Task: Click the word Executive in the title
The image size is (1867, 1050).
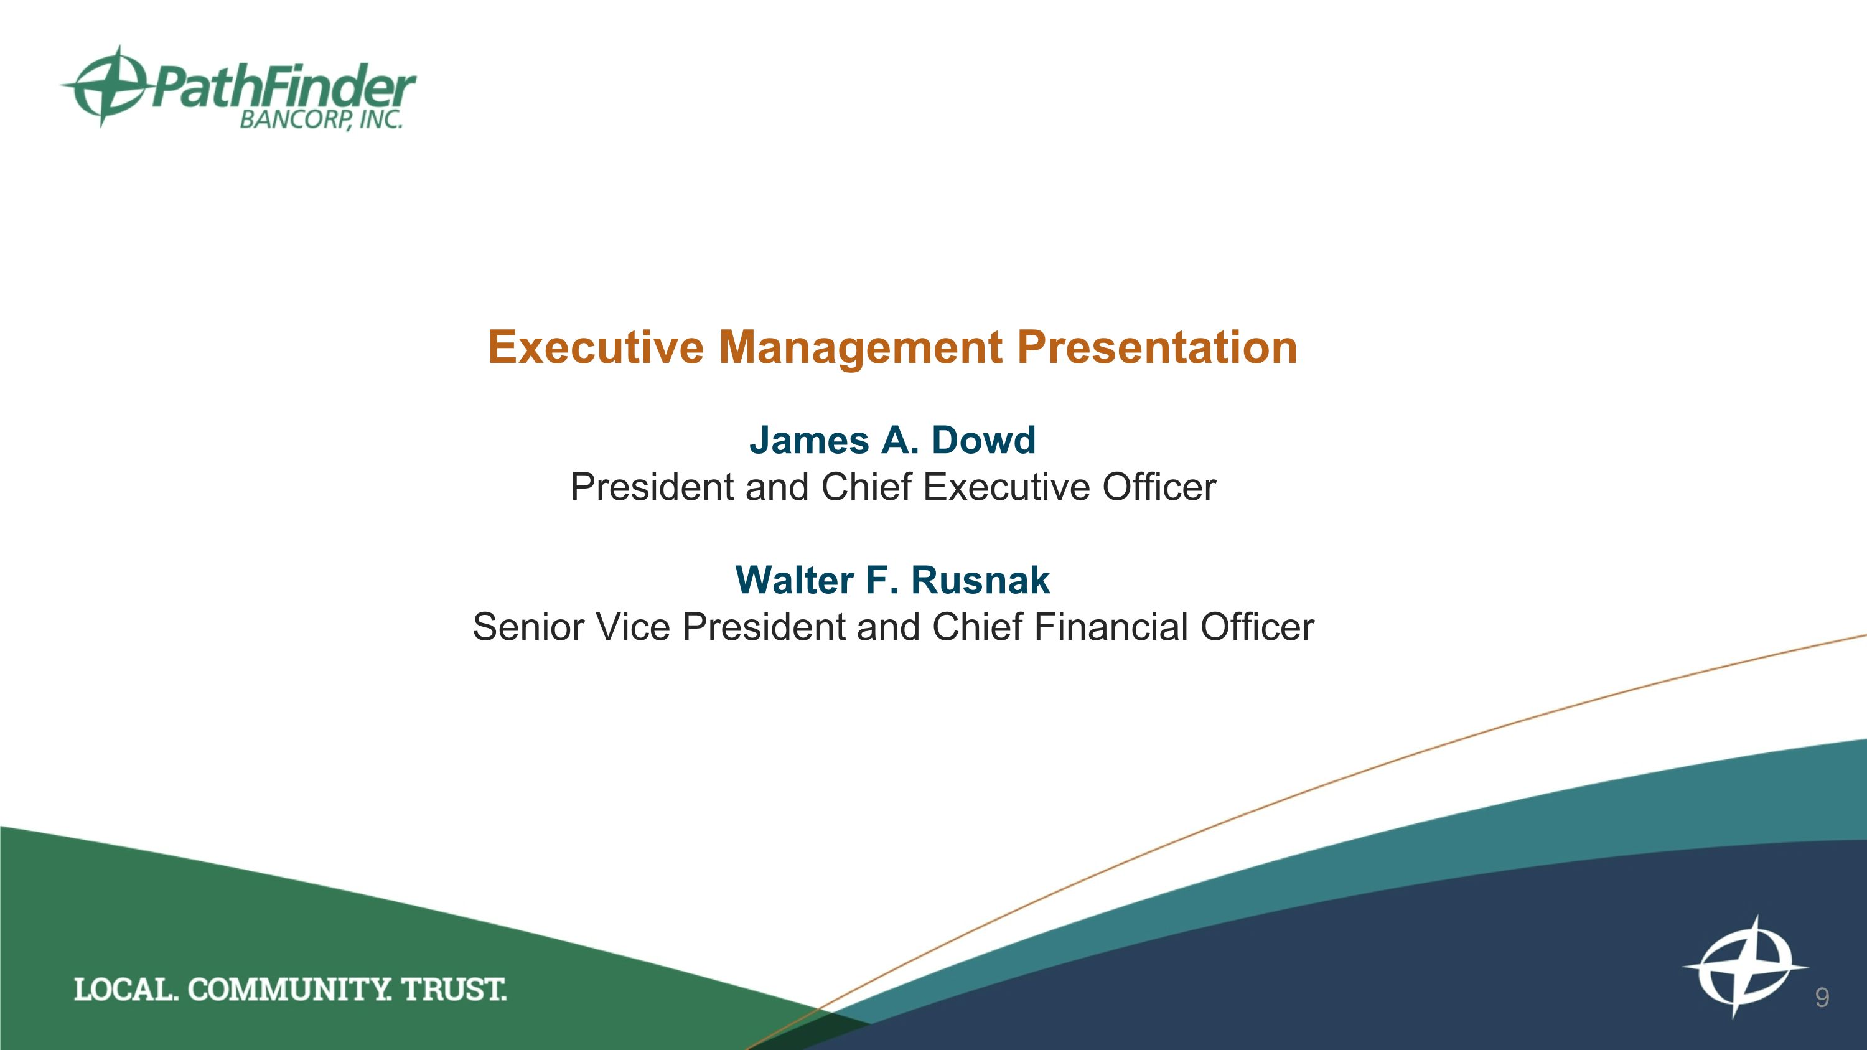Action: pyautogui.click(x=595, y=347)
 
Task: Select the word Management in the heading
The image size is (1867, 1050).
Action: pyautogui.click(x=860, y=349)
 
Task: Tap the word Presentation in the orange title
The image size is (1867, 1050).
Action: pyautogui.click(x=1157, y=347)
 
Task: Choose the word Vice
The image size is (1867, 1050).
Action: pyautogui.click(x=633, y=627)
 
